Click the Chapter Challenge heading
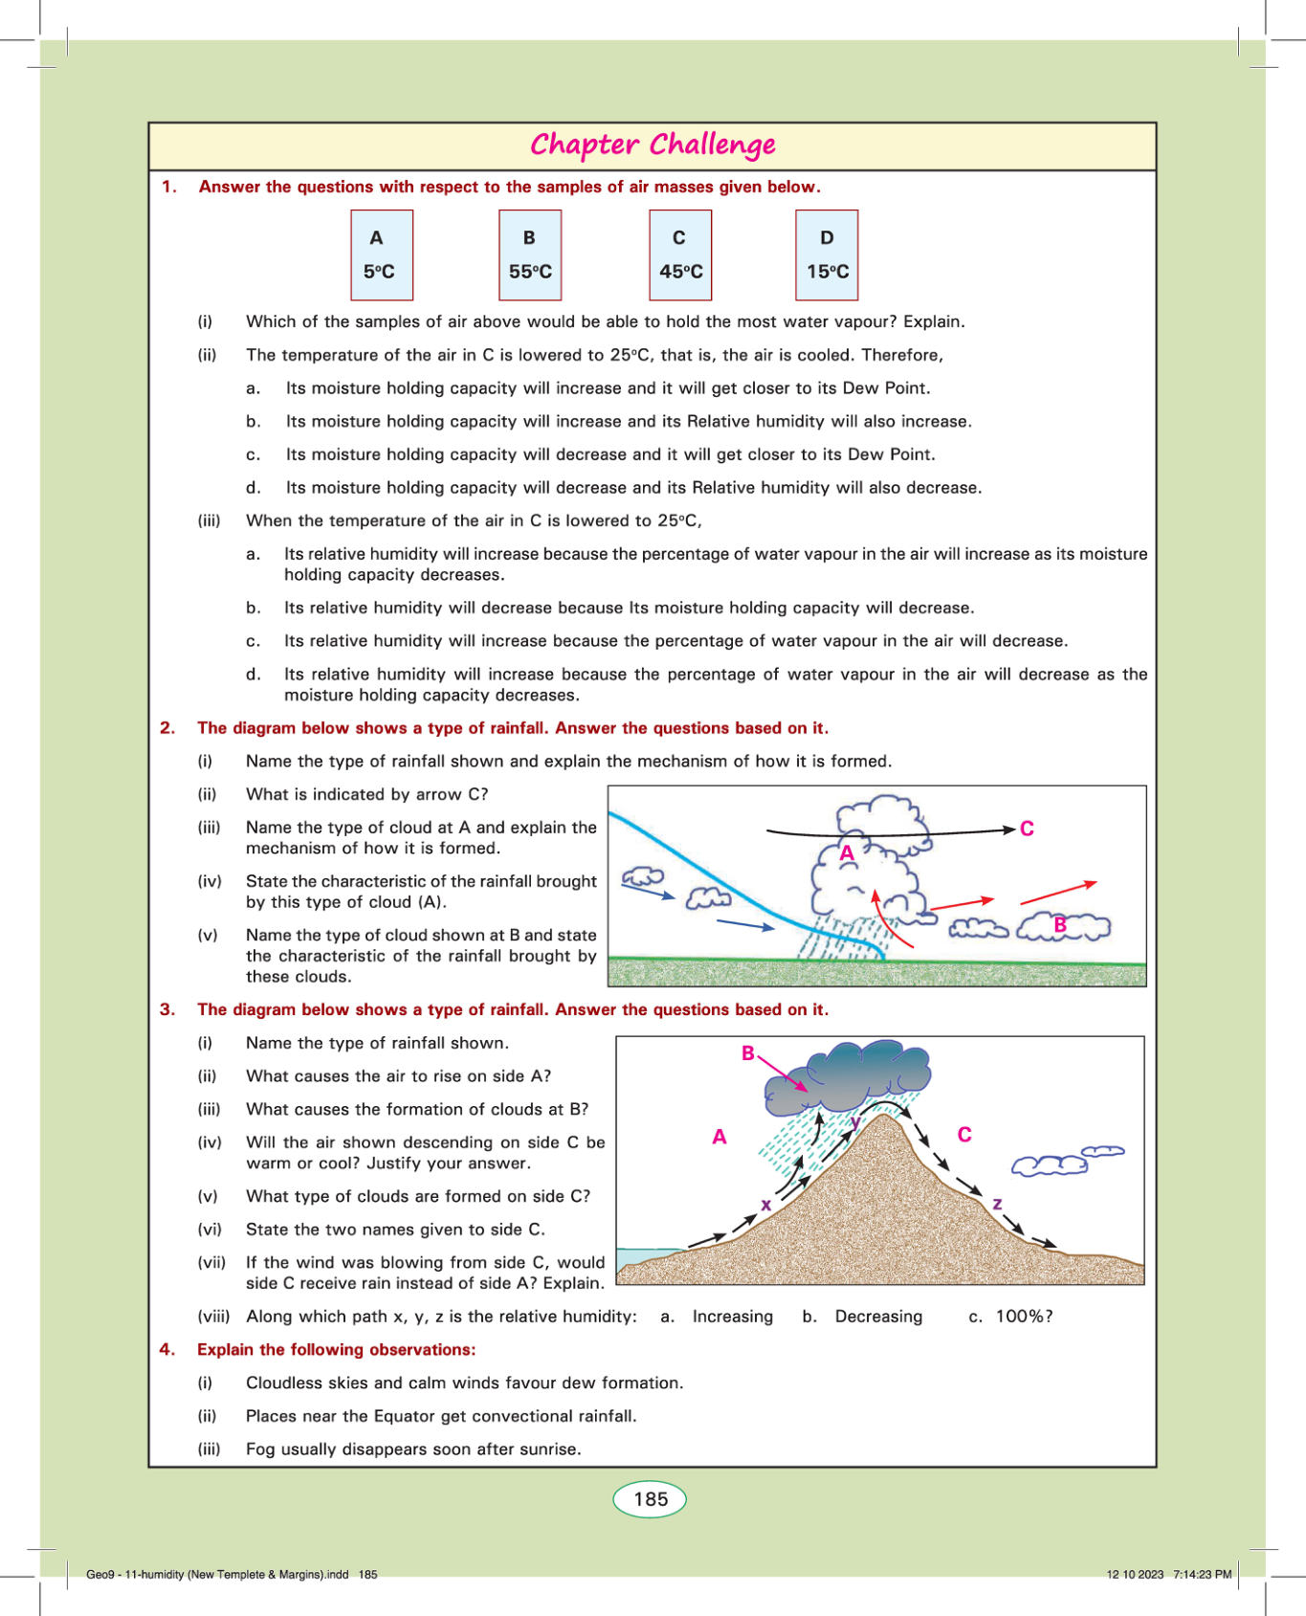pos(653,145)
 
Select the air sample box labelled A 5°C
pos(382,255)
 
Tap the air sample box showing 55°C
pos(530,255)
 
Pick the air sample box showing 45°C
pos(680,255)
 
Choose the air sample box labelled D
pos(827,255)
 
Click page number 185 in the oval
pos(651,1499)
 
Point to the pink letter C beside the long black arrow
pos(1027,829)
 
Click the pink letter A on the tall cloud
pos(847,852)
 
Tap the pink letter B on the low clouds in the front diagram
pos(1060,925)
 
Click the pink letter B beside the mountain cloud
pos(748,1053)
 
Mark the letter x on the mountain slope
pos(766,1205)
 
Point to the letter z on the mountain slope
pos(997,1205)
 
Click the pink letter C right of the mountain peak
pos(964,1135)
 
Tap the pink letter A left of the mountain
pos(719,1137)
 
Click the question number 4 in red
pos(167,1350)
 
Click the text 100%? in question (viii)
pos(1024,1317)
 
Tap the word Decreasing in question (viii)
pos(878,1317)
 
